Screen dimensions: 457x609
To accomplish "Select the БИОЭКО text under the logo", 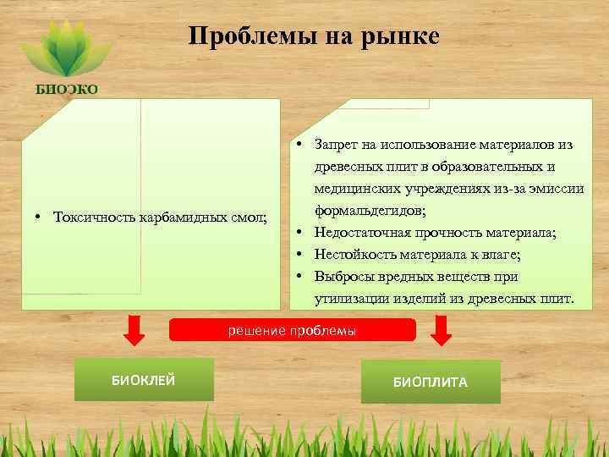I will [66, 90].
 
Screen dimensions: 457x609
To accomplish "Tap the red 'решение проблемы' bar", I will [293, 329].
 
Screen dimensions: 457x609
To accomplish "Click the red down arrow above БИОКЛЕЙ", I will [133, 330].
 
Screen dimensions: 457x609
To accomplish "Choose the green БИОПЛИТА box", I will [430, 382].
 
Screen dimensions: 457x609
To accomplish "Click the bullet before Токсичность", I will [40, 217].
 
